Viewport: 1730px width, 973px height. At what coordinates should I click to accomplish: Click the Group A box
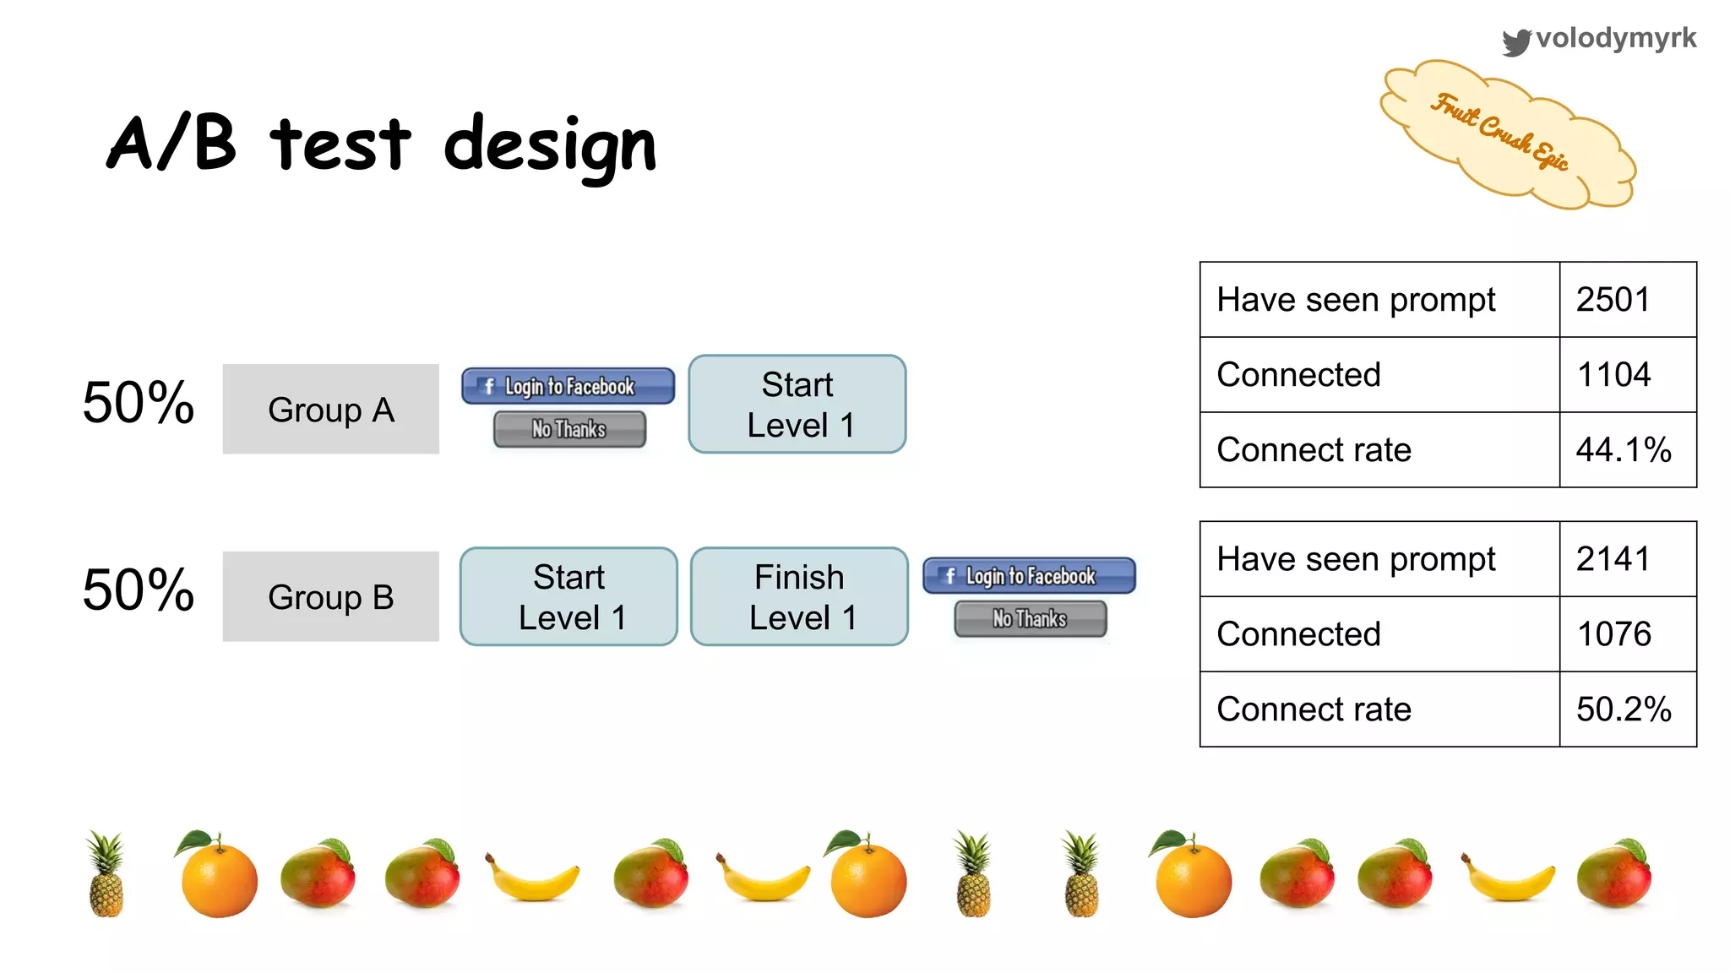coord(330,409)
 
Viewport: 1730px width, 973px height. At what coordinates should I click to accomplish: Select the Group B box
coord(330,596)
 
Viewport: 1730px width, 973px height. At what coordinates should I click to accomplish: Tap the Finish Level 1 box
coord(799,596)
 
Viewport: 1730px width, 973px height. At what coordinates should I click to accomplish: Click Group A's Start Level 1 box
coord(797,404)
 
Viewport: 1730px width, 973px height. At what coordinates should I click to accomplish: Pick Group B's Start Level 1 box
coord(569,596)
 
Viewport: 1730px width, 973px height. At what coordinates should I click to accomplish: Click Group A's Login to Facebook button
coord(568,386)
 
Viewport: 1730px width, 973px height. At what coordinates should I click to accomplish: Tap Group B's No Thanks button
coord(1030,619)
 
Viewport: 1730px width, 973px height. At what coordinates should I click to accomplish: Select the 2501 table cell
coord(1613,300)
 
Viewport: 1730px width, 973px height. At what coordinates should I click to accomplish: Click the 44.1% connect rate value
coord(1624,449)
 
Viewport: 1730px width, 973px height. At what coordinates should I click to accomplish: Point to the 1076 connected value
coord(1613,633)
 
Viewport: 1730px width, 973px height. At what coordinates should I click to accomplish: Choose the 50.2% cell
coord(1624,709)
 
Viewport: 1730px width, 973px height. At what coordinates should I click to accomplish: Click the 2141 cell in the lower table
coord(1613,559)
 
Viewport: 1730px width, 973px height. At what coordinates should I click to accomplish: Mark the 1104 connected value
coord(1613,374)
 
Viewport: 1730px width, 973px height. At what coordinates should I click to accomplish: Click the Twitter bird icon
coord(1516,41)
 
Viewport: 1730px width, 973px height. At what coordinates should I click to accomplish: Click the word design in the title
coord(550,145)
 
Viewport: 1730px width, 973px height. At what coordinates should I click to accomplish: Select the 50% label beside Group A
coord(139,402)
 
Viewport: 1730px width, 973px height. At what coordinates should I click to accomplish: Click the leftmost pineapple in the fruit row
coord(106,873)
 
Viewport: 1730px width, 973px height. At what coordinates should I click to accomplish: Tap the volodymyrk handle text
coord(1616,38)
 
